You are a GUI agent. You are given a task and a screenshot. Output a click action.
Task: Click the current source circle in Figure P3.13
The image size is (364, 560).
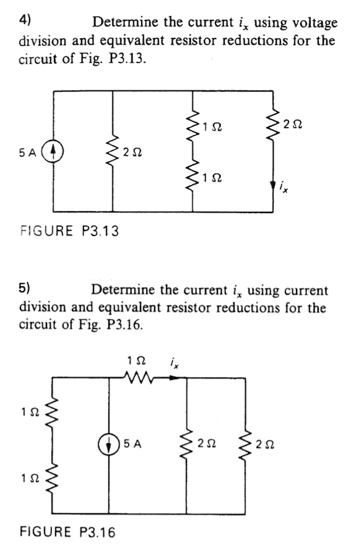(54, 151)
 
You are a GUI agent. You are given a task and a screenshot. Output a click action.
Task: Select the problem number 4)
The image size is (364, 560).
(25, 22)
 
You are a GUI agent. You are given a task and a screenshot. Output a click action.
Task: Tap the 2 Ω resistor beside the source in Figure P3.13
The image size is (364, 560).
(113, 151)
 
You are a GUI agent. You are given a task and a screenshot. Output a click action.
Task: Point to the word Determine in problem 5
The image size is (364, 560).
(121, 289)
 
